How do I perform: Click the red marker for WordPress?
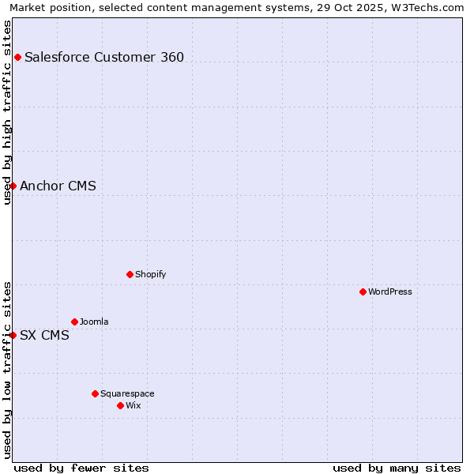pos(363,292)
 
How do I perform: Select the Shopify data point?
pos(130,274)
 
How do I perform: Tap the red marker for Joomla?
pos(74,322)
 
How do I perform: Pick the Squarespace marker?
pos(95,393)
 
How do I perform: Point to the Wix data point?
pos(120,405)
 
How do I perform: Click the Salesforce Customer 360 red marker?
pos(17,57)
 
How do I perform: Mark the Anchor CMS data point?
pos(13,186)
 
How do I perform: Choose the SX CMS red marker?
pos(13,335)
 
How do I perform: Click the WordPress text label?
pos(390,292)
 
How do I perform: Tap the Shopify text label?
pos(150,274)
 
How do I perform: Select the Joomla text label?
pos(94,322)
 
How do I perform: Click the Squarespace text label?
pos(127,393)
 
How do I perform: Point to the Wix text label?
pos(133,405)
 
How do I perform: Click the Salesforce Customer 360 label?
pos(104,57)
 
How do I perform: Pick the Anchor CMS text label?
pos(58,186)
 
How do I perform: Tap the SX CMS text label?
pos(44,335)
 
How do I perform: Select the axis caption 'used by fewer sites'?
pos(81,468)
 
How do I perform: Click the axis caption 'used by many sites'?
pos(397,468)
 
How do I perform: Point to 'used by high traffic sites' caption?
pos(7,112)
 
